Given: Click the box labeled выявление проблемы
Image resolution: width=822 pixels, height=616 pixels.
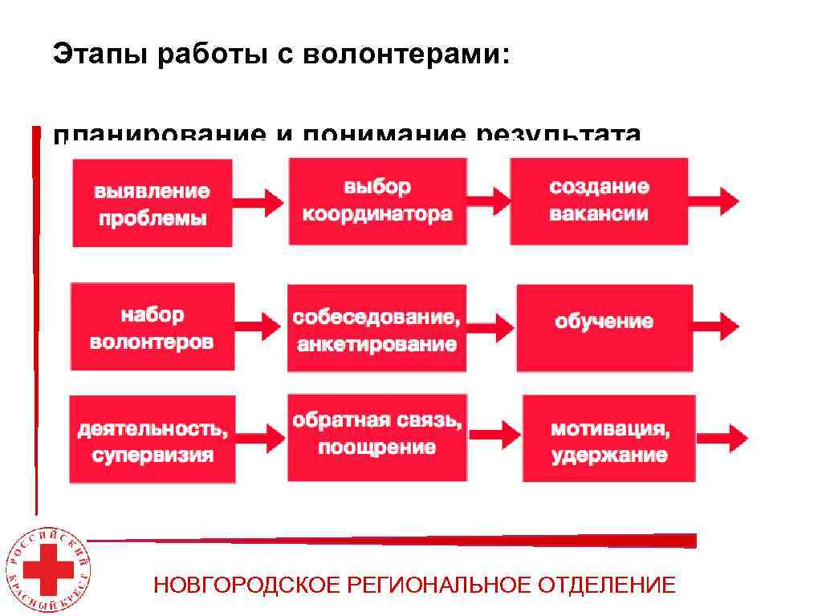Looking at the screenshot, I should click(x=153, y=203).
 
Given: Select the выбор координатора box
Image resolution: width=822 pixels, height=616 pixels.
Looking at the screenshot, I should click(x=377, y=201).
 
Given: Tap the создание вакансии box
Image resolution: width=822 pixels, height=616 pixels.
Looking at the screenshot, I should click(x=599, y=201).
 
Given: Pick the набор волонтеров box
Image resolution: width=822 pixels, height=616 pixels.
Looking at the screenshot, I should click(x=153, y=326).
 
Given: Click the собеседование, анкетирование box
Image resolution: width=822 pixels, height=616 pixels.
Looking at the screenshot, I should click(x=376, y=328).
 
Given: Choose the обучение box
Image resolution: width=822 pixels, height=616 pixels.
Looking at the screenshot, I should click(x=604, y=328).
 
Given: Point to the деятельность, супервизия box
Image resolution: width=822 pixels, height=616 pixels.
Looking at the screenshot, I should click(x=153, y=440).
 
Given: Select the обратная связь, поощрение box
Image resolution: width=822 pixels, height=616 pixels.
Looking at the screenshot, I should click(x=376, y=437).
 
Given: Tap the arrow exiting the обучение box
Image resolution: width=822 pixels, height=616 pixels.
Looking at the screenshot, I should click(x=717, y=326).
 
